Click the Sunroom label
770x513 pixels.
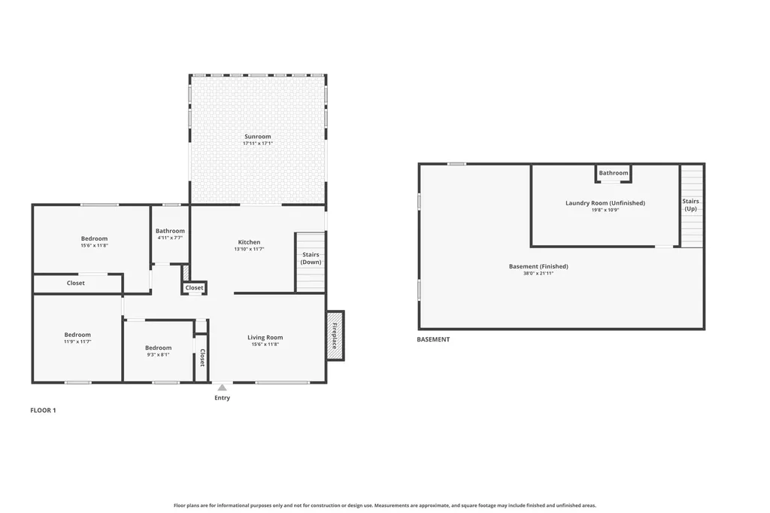[257, 136]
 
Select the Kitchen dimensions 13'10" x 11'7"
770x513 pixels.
[249, 249]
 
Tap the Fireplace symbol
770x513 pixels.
[335, 335]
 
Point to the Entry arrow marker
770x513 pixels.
[222, 388]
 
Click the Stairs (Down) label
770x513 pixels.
[311, 258]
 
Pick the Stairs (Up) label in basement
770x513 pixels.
[690, 205]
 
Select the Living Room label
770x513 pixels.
[265, 338]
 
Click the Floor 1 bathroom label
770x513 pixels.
[170, 231]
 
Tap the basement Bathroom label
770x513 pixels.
[614, 173]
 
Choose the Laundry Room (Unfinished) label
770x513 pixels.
[605, 203]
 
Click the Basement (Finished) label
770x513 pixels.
[538, 266]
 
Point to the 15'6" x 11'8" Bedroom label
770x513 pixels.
[94, 238]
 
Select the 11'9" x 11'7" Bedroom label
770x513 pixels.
[77, 335]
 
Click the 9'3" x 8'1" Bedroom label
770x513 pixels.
[158, 348]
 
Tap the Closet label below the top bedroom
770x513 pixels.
[76, 284]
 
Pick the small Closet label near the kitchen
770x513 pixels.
[194, 288]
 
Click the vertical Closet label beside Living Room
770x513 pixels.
[202, 358]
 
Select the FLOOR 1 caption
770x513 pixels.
[43, 410]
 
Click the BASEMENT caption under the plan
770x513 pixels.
[433, 339]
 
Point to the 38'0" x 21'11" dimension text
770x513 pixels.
[538, 274]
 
